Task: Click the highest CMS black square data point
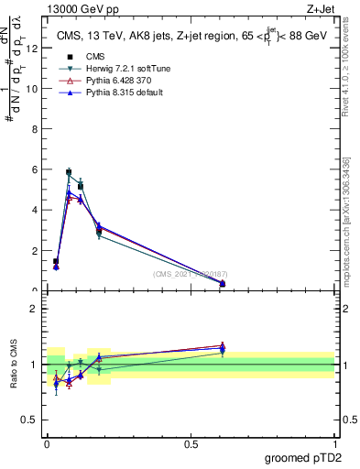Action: (x=69, y=172)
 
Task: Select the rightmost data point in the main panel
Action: (x=223, y=283)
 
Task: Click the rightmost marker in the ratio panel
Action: (x=223, y=348)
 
